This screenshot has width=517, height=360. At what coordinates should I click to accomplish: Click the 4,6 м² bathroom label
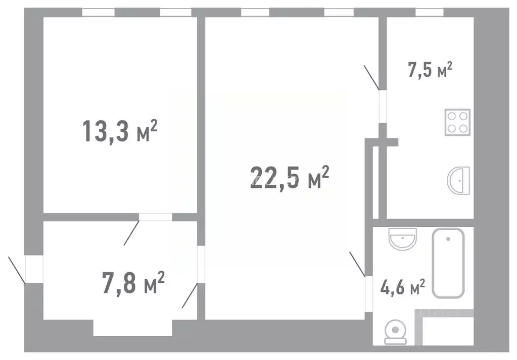click(x=402, y=288)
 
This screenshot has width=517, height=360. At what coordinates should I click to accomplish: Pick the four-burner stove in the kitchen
click(x=457, y=122)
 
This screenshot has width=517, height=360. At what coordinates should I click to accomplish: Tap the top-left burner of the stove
click(x=451, y=116)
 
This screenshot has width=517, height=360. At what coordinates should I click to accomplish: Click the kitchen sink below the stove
click(x=459, y=180)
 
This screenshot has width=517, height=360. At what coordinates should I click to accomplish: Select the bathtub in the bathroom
click(x=448, y=263)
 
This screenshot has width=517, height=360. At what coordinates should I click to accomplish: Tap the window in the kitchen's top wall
click(x=429, y=13)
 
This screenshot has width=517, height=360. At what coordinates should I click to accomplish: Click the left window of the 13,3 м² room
click(x=99, y=13)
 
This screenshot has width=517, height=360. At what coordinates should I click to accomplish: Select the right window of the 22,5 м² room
click(x=339, y=13)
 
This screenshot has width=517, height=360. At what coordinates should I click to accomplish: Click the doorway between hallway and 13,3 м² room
click(x=156, y=217)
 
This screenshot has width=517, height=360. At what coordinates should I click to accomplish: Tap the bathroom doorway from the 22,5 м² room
click(x=369, y=292)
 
